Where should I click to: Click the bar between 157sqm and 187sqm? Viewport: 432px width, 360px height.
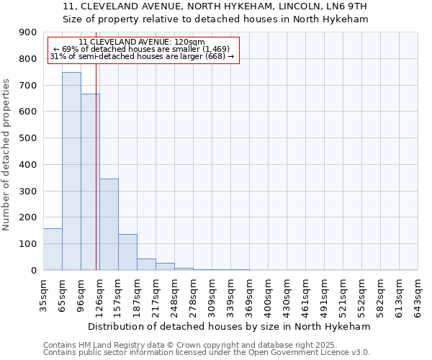point(127,252)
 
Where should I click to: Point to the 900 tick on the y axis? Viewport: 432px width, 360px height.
point(28,32)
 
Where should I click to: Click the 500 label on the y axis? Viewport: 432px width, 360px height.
point(28,138)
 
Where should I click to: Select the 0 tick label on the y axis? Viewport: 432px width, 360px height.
point(33,270)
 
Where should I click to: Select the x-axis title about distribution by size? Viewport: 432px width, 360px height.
point(230,326)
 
